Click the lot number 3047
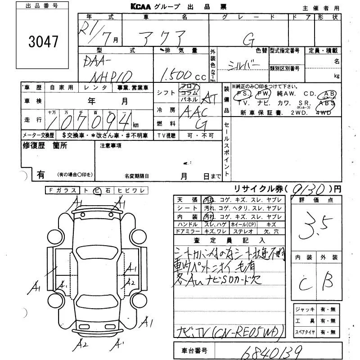click(x=44, y=42)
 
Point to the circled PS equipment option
click(x=244, y=94)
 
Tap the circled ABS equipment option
click(x=327, y=103)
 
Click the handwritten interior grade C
click(x=305, y=283)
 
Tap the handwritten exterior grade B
click(x=327, y=282)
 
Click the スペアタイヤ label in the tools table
click(x=305, y=332)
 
